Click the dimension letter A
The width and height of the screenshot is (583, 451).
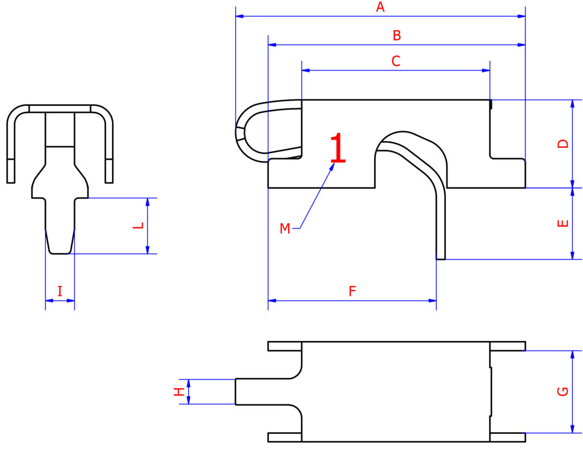(380, 7)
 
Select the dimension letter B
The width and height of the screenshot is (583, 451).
(397, 36)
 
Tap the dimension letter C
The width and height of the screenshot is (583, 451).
(396, 61)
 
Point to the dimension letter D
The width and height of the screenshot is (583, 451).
(563, 143)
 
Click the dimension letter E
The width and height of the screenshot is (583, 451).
(563, 223)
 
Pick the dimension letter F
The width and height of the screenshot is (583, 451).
(352, 291)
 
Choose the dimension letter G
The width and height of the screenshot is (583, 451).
(563, 392)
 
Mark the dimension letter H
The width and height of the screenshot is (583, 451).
(179, 392)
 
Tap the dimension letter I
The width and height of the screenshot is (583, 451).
(60, 291)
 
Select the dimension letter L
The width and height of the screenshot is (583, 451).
(138, 225)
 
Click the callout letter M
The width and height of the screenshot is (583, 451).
(285, 228)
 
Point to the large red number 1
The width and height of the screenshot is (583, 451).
(338, 148)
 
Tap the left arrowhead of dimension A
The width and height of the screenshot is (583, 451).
(240, 17)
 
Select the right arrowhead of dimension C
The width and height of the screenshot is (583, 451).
(486, 70)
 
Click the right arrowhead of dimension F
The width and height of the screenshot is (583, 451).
(432, 301)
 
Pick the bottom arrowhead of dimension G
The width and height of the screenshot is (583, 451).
(572, 429)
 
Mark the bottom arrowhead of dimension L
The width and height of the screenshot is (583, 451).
(147, 249)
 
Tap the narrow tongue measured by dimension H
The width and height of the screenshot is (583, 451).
(262, 392)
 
